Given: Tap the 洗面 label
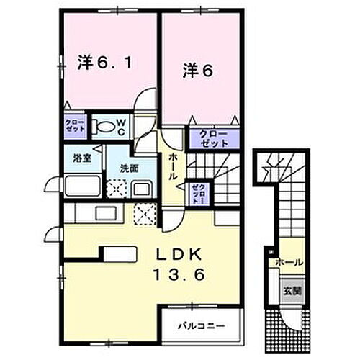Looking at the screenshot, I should tap(130, 168).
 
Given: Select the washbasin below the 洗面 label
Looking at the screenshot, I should tap(141, 190).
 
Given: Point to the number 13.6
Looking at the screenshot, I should tap(178, 274).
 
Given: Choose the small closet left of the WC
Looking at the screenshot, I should tap(75, 127).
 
